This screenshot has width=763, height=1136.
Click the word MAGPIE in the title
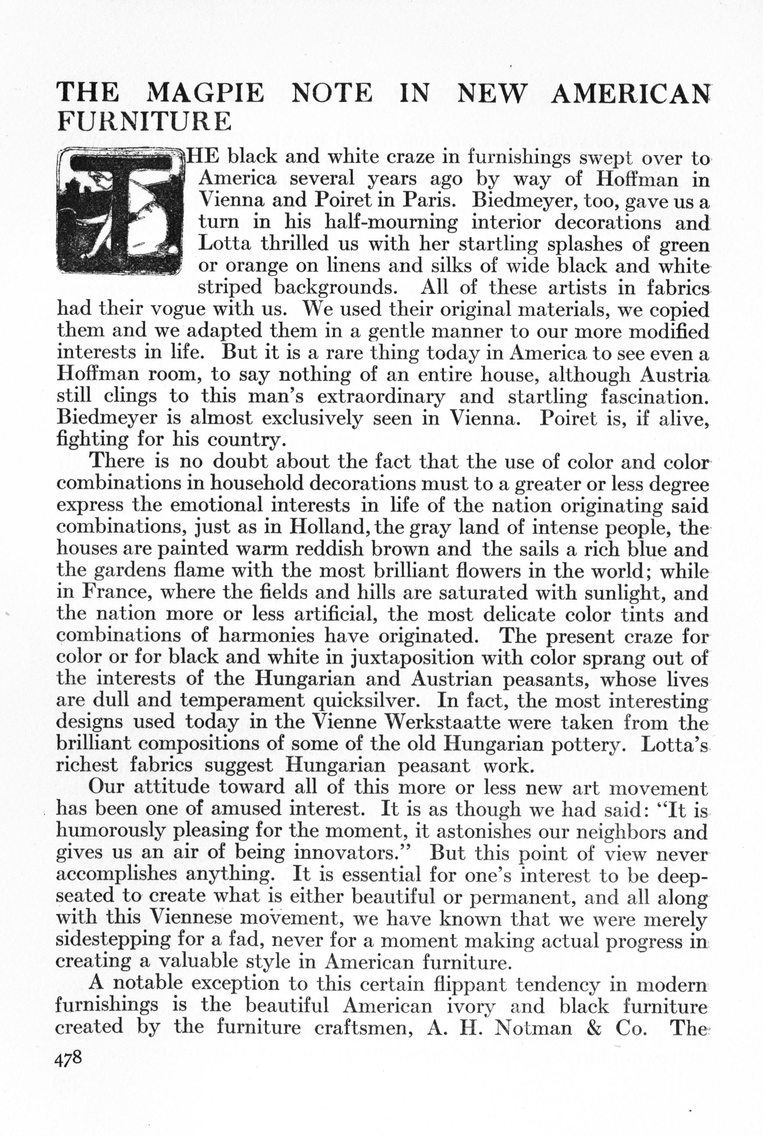tap(205, 93)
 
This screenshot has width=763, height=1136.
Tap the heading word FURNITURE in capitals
tap(144, 121)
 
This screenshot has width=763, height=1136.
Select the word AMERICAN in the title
tap(630, 93)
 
